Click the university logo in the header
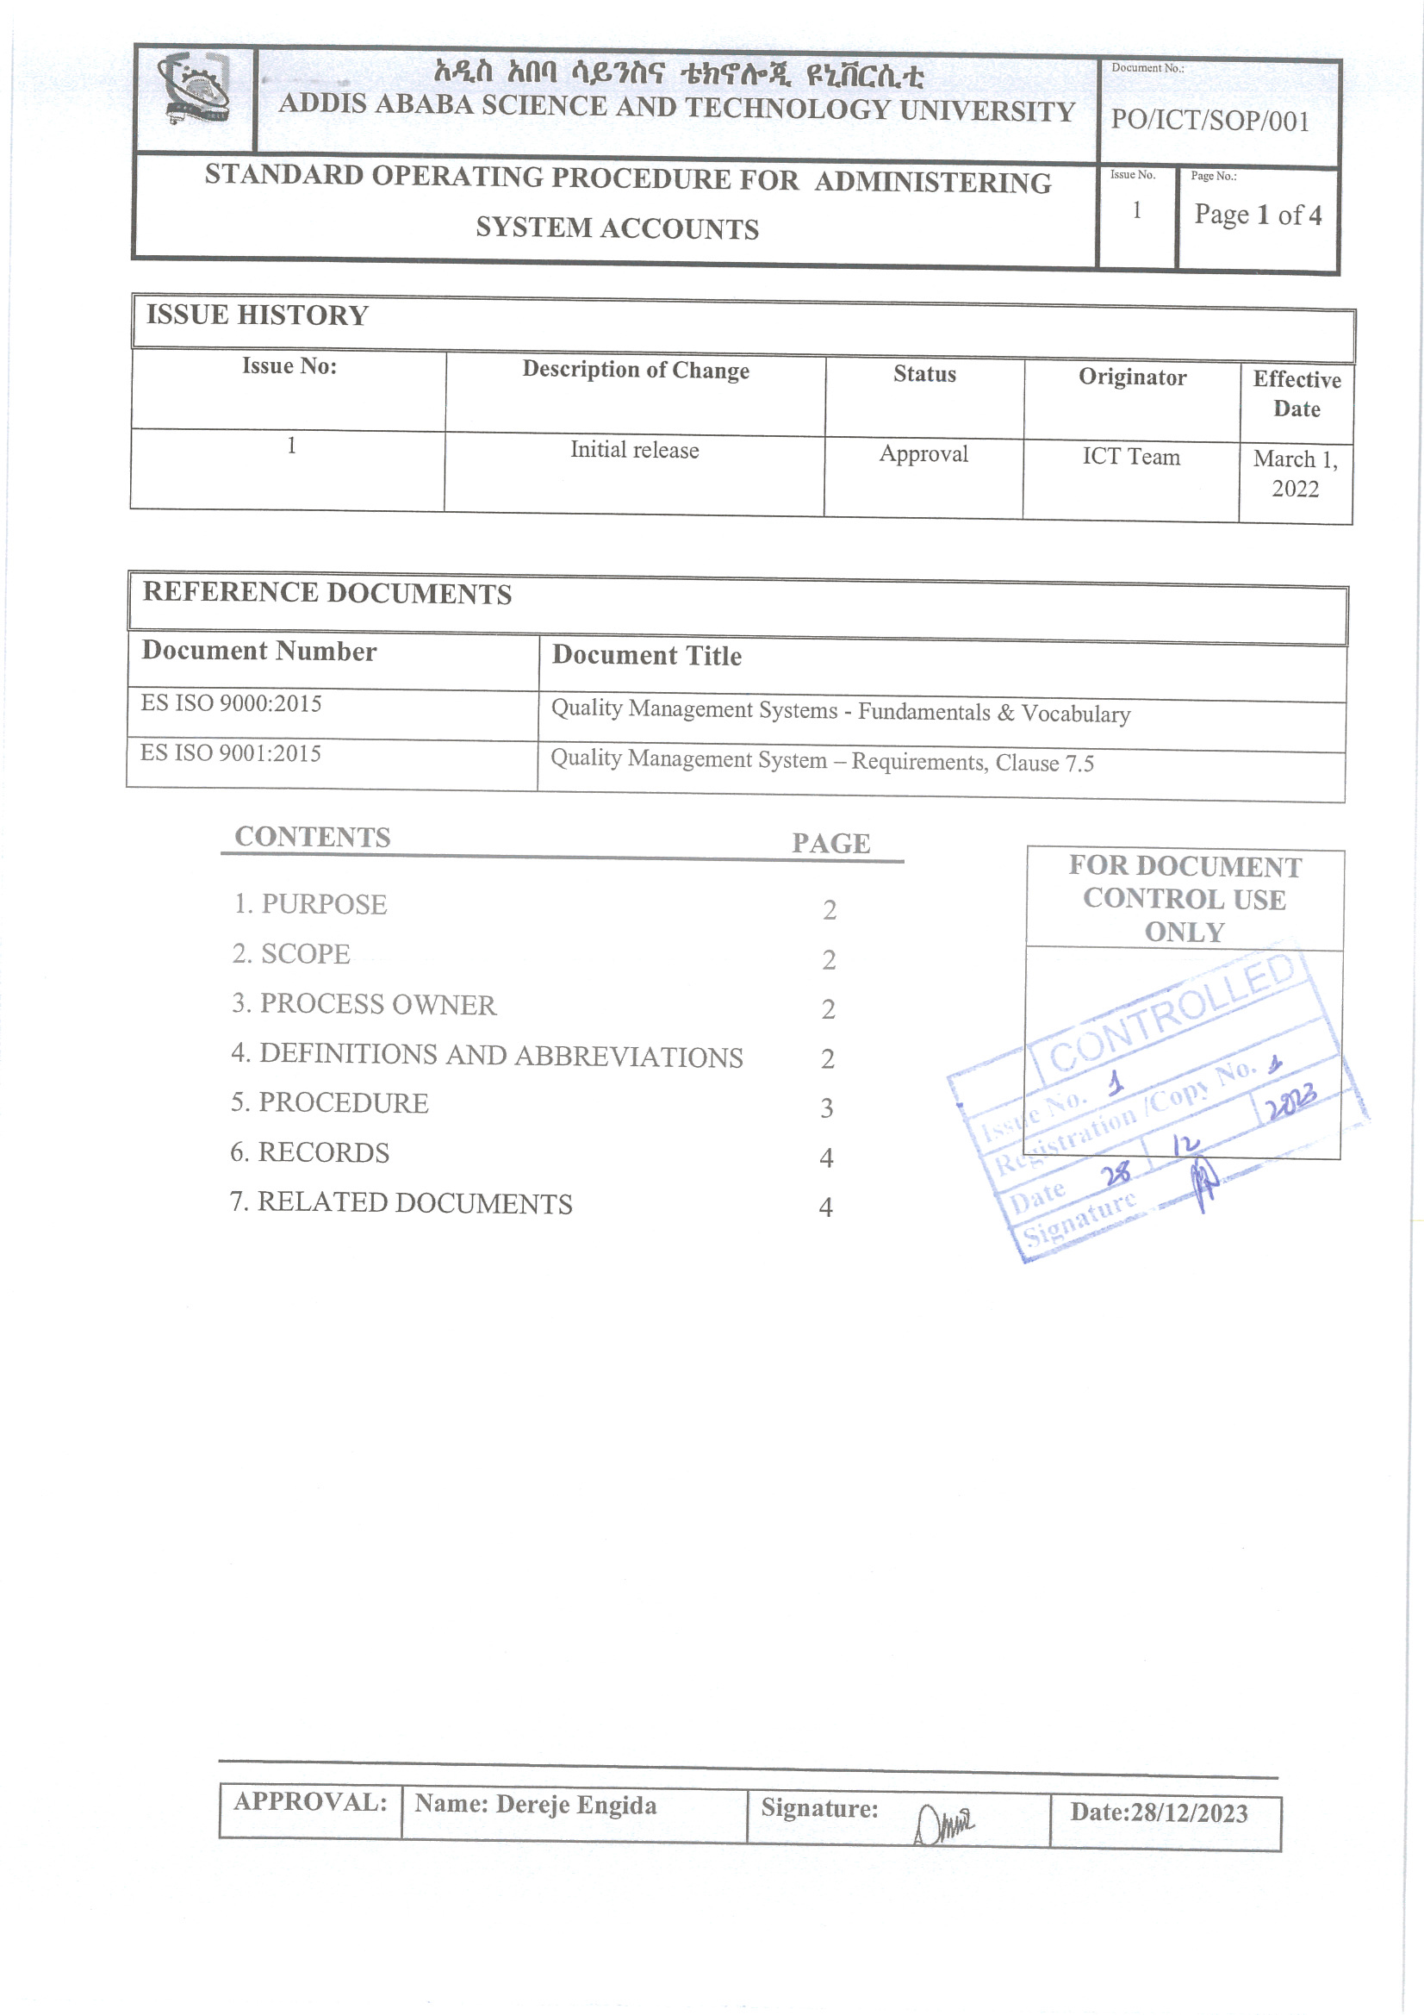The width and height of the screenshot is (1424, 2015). (195, 89)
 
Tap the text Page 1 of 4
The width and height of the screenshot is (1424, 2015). (1256, 215)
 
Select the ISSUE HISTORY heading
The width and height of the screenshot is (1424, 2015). (257, 315)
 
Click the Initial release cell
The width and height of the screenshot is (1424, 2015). (634, 450)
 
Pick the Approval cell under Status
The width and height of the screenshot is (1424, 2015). (923, 453)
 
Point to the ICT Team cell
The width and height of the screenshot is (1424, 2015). (1131, 457)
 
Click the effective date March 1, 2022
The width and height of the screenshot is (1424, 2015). (1295, 474)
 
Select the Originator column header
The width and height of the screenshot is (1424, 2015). (1132, 377)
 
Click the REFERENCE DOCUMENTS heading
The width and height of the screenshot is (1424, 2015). (327, 593)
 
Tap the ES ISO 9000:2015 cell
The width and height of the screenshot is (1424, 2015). (231, 704)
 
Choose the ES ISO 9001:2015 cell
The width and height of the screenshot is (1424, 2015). (231, 754)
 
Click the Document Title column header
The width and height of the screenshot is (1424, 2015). (647, 656)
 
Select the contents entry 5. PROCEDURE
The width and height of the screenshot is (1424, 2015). (330, 1103)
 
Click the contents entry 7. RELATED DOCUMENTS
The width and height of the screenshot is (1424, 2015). (401, 1202)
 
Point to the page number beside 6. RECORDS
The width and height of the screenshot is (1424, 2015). (826, 1158)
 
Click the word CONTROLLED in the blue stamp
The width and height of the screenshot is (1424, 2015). (1172, 1014)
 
